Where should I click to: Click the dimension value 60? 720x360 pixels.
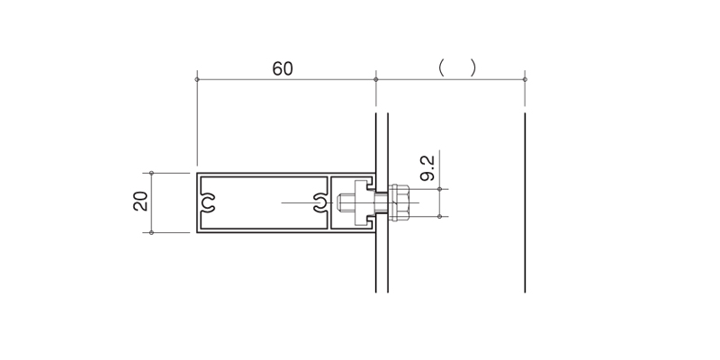pyautogui.click(x=283, y=69)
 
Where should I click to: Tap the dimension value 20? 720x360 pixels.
pyautogui.click(x=140, y=201)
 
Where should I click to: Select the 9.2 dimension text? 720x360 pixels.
pyautogui.click(x=427, y=168)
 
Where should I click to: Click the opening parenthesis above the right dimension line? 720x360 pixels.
pyautogui.click(x=441, y=68)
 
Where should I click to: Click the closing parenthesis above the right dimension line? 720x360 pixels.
pyautogui.click(x=473, y=68)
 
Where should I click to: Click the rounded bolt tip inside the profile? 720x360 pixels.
pyautogui.click(x=340, y=202)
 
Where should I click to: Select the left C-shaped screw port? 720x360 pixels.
pyautogui.click(x=208, y=202)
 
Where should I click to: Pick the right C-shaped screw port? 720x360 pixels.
pyautogui.click(x=320, y=202)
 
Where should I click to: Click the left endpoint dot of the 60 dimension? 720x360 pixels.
pyautogui.click(x=197, y=79)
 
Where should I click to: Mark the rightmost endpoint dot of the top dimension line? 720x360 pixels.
pyautogui.click(x=525, y=79)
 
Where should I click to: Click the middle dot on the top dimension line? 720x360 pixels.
pyautogui.click(x=375, y=79)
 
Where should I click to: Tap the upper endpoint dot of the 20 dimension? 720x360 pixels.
pyautogui.click(x=151, y=173)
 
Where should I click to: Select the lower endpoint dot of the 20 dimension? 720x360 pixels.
pyautogui.click(x=151, y=232)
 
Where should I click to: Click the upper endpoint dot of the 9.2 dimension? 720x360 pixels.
pyautogui.click(x=439, y=189)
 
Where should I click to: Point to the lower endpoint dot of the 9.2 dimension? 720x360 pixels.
pyautogui.click(x=439, y=216)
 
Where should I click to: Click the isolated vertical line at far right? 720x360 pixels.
pyautogui.click(x=525, y=202)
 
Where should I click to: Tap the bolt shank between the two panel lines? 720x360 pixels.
pyautogui.click(x=382, y=202)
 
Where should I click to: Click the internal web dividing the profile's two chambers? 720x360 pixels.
pyautogui.click(x=328, y=202)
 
